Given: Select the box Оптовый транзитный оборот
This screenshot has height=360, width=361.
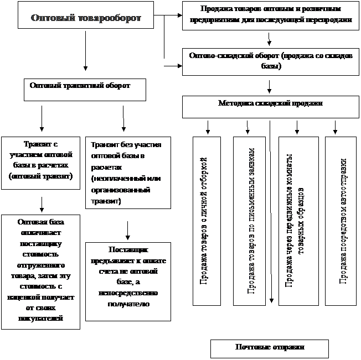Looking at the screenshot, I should click(x=85, y=89).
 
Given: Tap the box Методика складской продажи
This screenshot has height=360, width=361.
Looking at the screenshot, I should click(x=270, y=107).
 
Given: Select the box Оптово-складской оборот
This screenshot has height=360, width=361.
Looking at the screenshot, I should click(x=270, y=61).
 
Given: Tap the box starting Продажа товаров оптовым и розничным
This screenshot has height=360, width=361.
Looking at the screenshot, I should click(x=270, y=15).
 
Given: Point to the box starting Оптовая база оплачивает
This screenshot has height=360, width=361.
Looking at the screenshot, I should click(x=40, y=271).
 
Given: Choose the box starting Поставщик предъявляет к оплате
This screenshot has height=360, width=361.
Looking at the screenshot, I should click(x=128, y=280).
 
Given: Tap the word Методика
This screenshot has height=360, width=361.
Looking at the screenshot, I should click(x=236, y=103).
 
